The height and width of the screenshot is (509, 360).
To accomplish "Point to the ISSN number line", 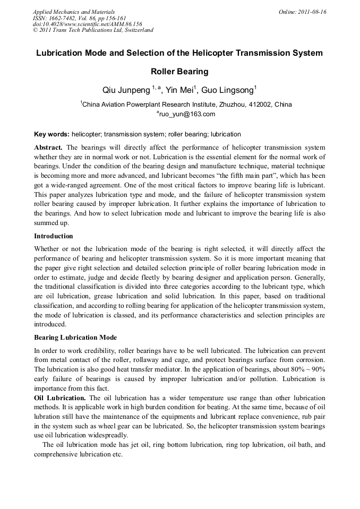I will (x=79, y=18).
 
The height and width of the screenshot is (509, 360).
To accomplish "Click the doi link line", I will (x=87, y=24).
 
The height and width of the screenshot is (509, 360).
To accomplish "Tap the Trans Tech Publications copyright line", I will (x=93, y=30).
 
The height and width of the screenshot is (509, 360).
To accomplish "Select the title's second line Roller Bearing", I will (x=179, y=72).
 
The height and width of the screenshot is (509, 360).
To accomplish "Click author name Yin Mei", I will (x=180, y=90).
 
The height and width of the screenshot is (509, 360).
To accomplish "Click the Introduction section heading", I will (x=54, y=236).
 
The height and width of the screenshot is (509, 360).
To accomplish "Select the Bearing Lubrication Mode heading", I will (x=75, y=338).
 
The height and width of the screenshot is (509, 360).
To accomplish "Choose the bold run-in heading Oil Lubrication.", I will (x=59, y=398).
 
